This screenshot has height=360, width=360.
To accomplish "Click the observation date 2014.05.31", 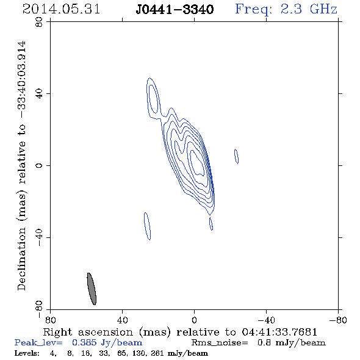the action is (61, 9).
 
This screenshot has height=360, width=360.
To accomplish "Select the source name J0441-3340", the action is (175, 10).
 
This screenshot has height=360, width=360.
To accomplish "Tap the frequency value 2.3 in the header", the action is (291, 9).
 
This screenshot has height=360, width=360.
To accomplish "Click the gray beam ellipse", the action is (92, 289).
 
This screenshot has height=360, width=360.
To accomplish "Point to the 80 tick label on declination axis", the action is (39, 22).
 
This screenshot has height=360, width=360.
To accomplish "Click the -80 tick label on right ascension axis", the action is (337, 320).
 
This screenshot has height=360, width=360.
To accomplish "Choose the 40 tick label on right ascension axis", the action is (122, 320).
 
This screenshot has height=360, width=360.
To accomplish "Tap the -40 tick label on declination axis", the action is (39, 237).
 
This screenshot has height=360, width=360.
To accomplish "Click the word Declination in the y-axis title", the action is (21, 259).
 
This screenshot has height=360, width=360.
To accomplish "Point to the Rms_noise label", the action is (220, 343).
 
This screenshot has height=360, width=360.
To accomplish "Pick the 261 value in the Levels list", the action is (157, 353).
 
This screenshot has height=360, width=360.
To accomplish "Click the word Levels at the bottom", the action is (27, 353).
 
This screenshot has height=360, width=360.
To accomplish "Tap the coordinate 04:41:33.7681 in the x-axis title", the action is (279, 332).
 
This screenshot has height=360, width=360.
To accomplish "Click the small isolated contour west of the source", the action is (236, 156).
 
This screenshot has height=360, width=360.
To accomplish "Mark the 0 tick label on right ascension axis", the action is (194, 320).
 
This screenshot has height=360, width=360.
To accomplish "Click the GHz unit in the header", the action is (324, 9).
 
